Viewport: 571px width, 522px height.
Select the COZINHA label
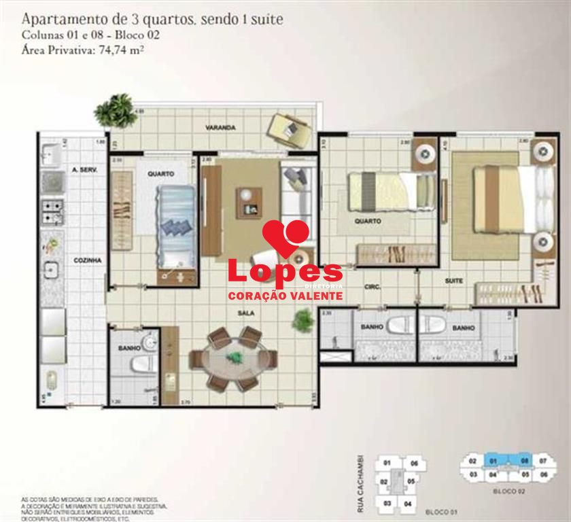point(88,260)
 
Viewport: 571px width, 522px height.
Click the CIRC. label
point(372,287)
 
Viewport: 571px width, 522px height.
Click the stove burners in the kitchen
point(52,212)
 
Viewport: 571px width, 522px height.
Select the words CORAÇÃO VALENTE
point(284,297)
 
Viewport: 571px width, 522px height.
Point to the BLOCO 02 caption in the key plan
point(509,489)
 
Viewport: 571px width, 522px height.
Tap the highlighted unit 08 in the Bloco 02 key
point(525,460)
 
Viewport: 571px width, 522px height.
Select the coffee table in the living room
point(247,203)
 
